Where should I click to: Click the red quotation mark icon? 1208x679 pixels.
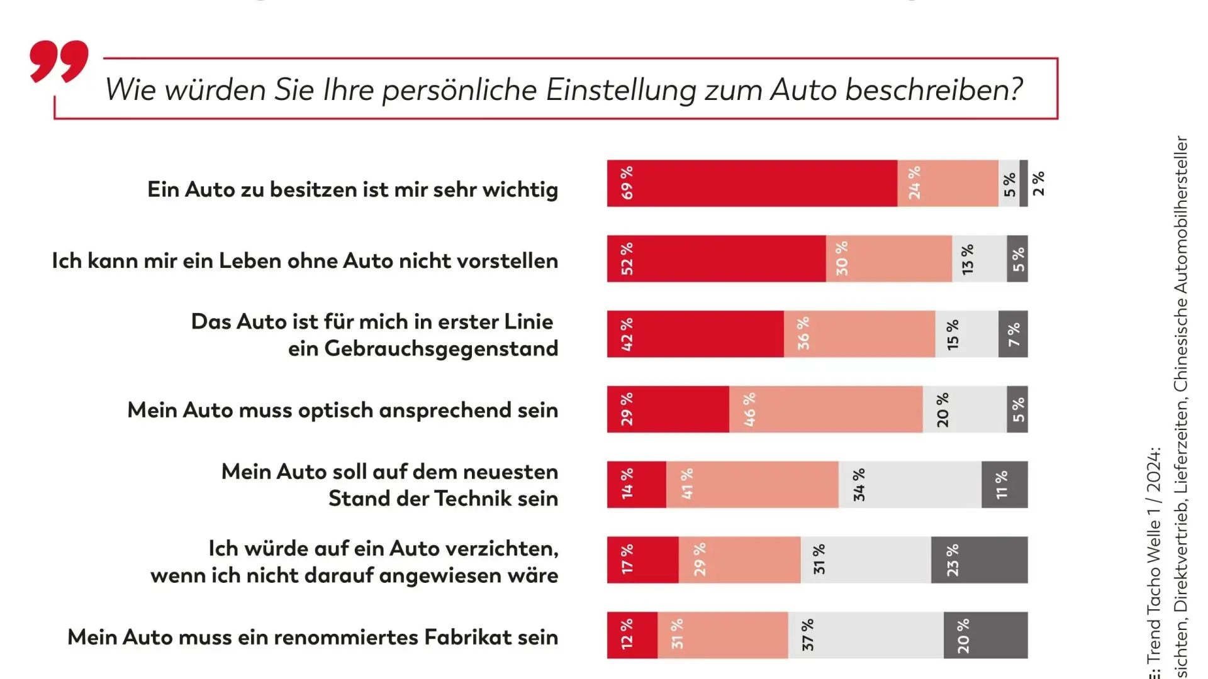click(59, 61)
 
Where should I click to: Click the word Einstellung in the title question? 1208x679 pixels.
click(620, 89)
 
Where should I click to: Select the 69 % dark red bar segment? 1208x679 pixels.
click(752, 183)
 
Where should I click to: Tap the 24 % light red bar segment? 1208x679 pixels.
click(948, 183)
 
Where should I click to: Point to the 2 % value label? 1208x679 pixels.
click(1038, 183)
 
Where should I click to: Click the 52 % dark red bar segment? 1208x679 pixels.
click(716, 258)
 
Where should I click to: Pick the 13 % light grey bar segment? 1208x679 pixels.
click(979, 258)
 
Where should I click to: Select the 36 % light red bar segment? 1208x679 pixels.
click(859, 334)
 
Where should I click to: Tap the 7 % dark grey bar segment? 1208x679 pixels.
click(1013, 334)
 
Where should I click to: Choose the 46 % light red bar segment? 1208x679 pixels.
click(825, 409)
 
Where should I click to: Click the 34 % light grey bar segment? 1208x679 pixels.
click(910, 485)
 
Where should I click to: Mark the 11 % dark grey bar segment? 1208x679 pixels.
click(1005, 485)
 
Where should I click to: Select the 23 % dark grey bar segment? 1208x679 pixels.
click(980, 560)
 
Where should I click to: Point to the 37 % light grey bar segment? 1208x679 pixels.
click(866, 635)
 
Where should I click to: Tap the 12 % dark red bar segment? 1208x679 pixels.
click(632, 635)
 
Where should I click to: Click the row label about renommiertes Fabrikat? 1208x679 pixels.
click(313, 637)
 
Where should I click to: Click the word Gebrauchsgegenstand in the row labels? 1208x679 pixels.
click(440, 348)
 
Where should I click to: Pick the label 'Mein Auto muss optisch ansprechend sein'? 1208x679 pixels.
click(342, 410)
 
